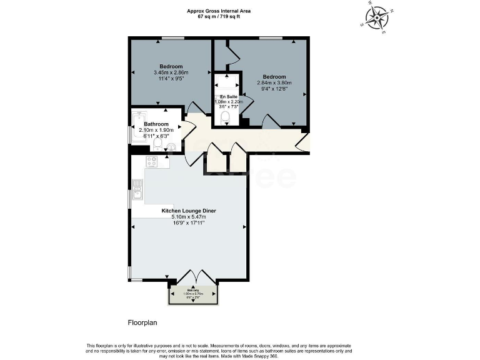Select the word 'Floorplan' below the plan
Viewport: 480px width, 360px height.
click(137, 322)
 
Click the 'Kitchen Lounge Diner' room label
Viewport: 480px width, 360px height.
click(189, 211)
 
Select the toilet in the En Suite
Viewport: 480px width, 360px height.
click(226, 117)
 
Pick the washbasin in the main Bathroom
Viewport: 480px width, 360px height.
click(171, 147)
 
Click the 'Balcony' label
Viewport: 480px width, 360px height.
click(193, 291)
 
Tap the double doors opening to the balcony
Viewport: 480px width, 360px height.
click(192, 276)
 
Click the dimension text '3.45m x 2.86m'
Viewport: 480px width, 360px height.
click(171, 72)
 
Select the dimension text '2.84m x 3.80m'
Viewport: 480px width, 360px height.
click(275, 82)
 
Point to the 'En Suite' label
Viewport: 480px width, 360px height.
click(228, 97)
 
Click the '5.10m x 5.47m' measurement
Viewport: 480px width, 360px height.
click(189, 217)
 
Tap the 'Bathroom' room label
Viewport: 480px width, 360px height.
click(156, 124)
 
